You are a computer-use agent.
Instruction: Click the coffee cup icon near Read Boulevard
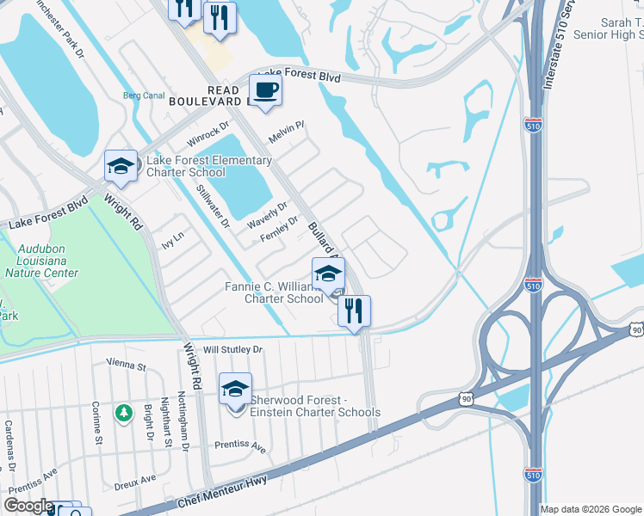coord(265,90)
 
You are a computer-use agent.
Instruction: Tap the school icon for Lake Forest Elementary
coord(121,165)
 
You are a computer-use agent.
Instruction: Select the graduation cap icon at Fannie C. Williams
coord(328,273)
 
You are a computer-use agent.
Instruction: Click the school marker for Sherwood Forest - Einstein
coord(235,389)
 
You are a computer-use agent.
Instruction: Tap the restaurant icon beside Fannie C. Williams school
coord(353,310)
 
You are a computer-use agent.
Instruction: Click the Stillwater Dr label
coord(213,207)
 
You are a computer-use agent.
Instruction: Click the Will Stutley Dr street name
coord(232,350)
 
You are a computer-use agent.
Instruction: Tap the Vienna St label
coord(127,365)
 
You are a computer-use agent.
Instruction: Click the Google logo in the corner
coord(28,506)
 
